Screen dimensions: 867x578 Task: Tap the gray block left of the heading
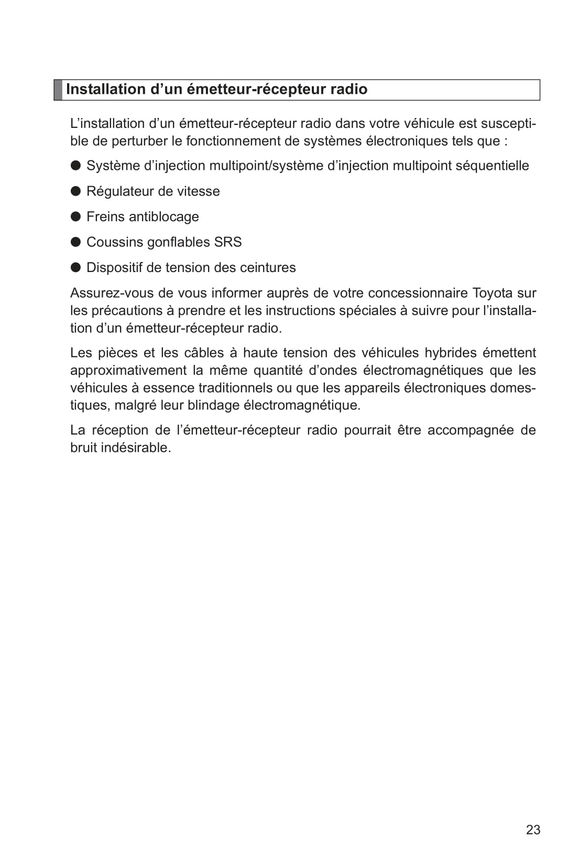click(x=58, y=90)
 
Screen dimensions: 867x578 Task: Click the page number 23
click(x=533, y=830)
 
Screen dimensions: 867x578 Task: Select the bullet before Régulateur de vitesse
click(x=75, y=191)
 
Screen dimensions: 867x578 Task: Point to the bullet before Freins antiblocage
click(x=75, y=216)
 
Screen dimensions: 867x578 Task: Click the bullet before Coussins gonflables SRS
click(x=75, y=242)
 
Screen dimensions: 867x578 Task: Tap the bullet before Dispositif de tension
click(x=75, y=267)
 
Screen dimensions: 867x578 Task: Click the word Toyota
click(x=493, y=293)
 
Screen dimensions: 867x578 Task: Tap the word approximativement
click(x=128, y=371)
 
